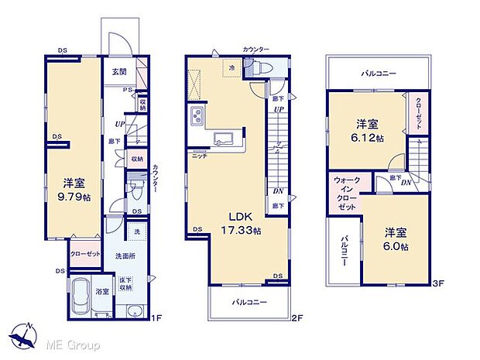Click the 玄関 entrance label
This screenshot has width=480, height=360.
pos(118,72)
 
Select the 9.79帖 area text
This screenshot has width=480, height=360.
pos(74,197)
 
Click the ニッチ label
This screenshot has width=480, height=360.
pos(200,156)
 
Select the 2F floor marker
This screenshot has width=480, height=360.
pos(297,318)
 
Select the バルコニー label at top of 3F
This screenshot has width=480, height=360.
pos(378,74)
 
